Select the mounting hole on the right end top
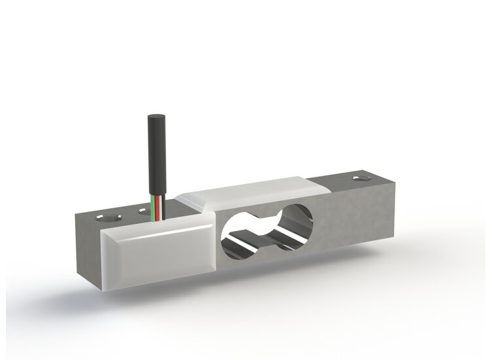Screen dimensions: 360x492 click(360, 177)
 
